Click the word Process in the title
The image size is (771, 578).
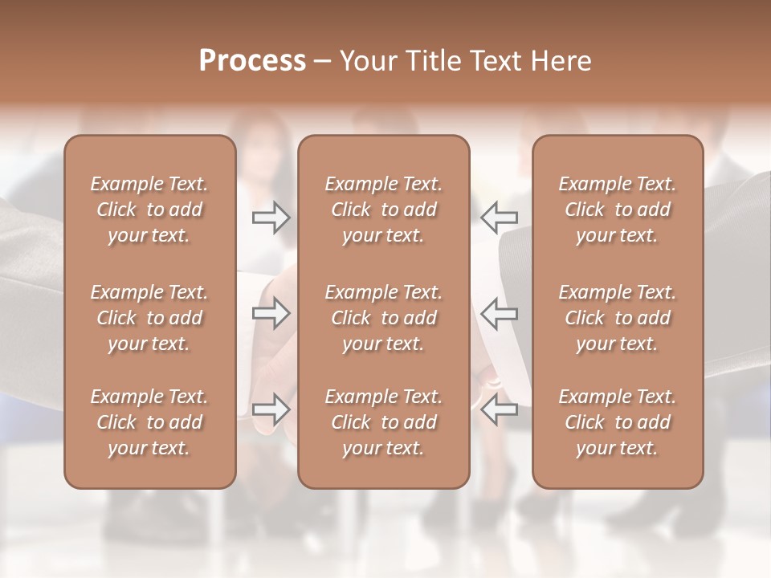click(252, 60)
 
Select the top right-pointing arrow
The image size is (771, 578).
click(271, 218)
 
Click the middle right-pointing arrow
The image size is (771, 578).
click(271, 313)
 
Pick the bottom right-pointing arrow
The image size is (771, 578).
click(271, 409)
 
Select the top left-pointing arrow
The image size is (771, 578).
click(500, 218)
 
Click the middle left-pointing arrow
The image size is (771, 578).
click(500, 313)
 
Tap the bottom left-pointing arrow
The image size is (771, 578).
click(500, 409)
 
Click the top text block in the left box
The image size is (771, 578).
click(149, 210)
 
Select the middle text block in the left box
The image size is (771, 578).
click(149, 318)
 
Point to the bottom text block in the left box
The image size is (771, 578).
click(149, 422)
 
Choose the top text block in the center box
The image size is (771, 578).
click(383, 210)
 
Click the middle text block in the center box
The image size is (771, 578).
click(383, 318)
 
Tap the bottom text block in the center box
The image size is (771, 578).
click(383, 422)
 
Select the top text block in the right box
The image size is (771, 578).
click(618, 210)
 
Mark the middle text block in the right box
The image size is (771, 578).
click(618, 318)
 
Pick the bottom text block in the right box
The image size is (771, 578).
click(618, 422)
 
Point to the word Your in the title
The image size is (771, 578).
click(368, 60)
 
